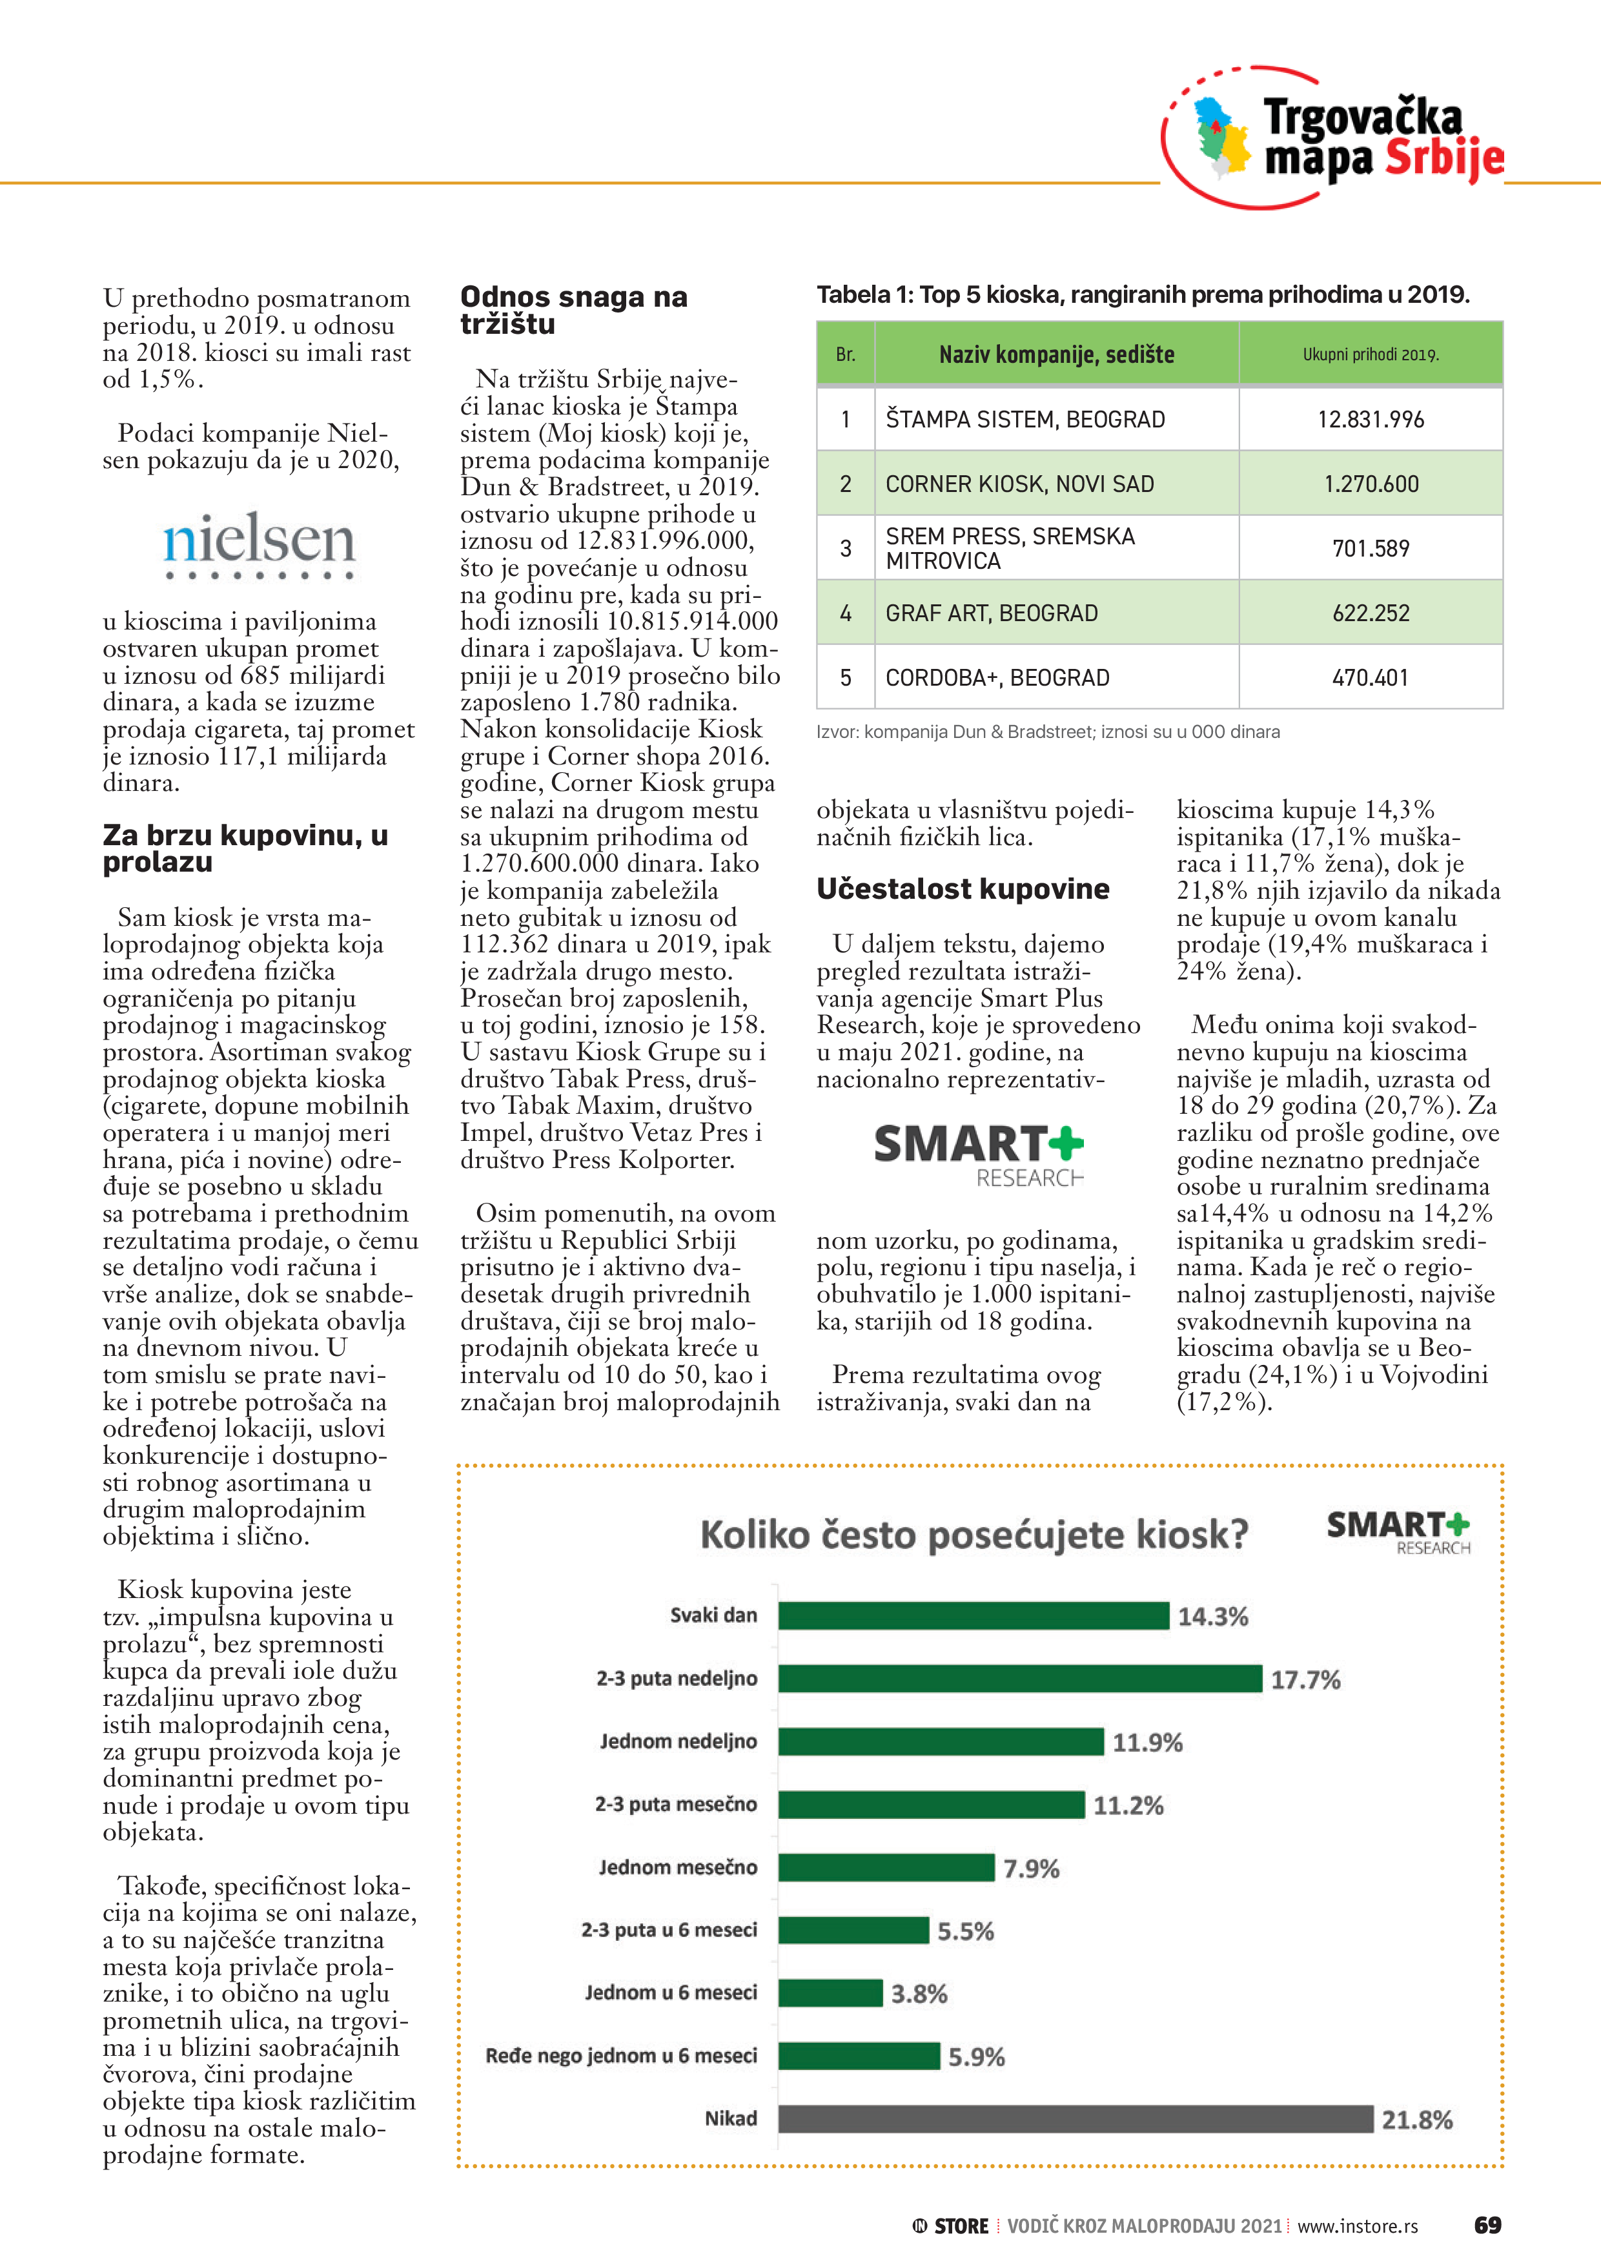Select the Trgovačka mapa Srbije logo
click(x=1334, y=138)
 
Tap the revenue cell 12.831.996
click(x=1370, y=419)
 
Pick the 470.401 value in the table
click(x=1370, y=678)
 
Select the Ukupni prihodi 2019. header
click(x=1370, y=354)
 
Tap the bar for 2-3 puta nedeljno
click(x=1019, y=1678)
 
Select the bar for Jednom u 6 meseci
click(x=830, y=1993)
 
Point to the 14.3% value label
click(x=1212, y=1617)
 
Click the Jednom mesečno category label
click(x=678, y=1867)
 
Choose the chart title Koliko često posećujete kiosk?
click(x=974, y=1535)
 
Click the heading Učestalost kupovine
click(x=962, y=889)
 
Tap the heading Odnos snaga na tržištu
click(x=573, y=310)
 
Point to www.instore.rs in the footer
click(x=1358, y=2226)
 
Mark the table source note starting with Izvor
click(x=1048, y=732)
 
